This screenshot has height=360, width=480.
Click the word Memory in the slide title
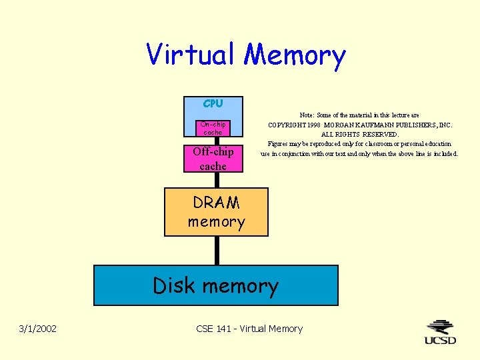tap(295, 56)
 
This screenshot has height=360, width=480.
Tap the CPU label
tap(213, 103)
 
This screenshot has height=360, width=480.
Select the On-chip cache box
tap(213, 128)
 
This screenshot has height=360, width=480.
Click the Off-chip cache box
tap(213, 159)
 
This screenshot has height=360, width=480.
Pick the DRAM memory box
tap(216, 212)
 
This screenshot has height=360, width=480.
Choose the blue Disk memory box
tap(215, 285)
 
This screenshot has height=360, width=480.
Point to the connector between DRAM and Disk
tap(217, 251)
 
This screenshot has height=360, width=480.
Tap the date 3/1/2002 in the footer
tap(38, 329)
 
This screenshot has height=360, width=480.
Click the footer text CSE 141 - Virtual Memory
tap(249, 329)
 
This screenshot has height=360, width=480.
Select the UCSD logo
tap(441, 332)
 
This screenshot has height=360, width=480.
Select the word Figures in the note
tap(279, 143)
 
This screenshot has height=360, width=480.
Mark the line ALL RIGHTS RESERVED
tap(360, 134)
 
